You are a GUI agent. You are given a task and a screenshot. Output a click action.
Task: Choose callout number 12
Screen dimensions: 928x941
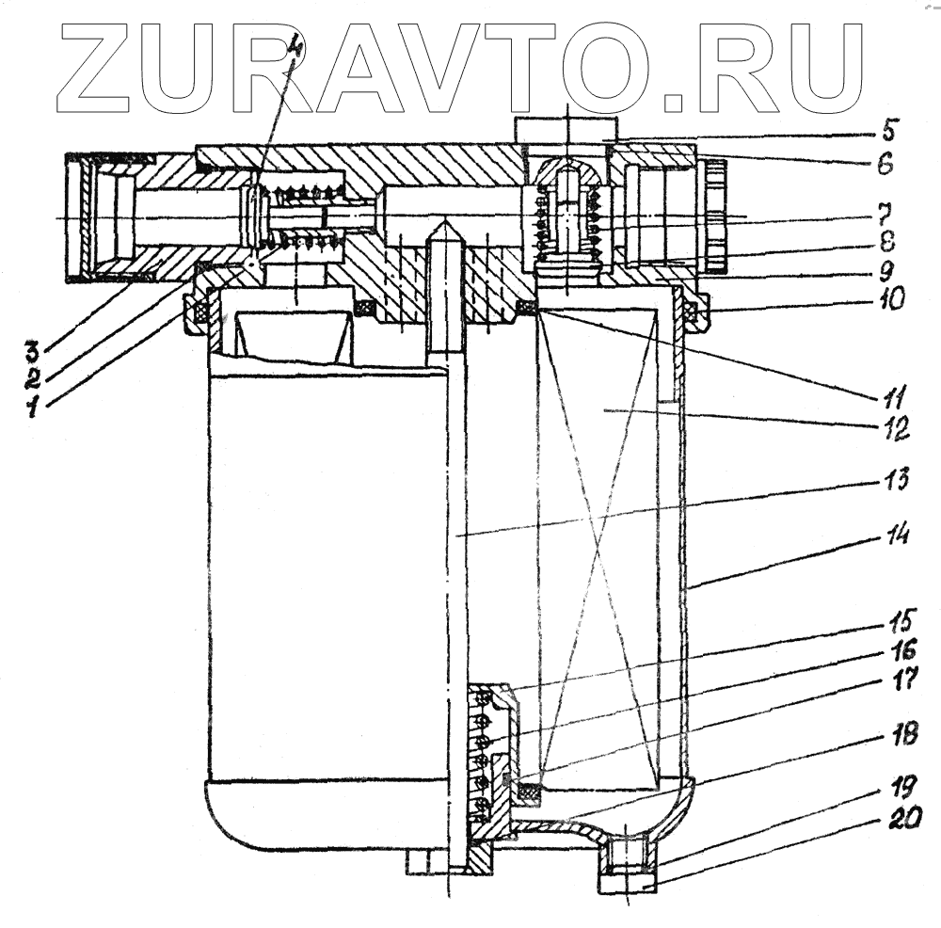(893, 432)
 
